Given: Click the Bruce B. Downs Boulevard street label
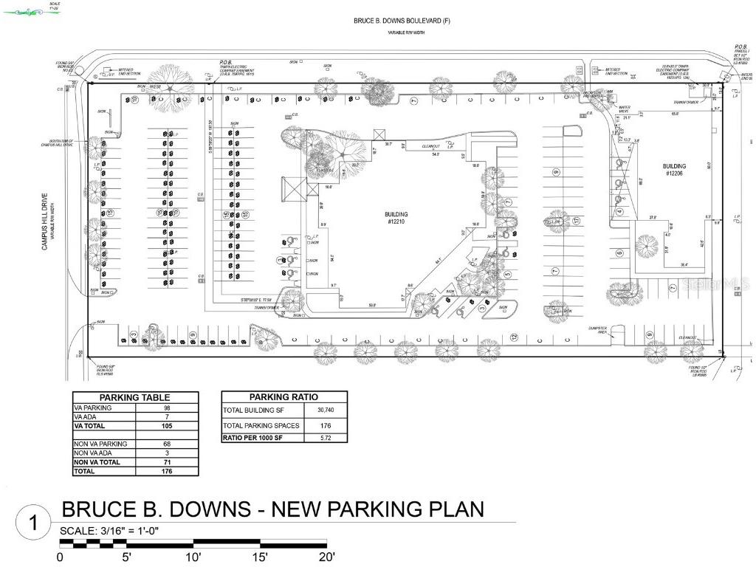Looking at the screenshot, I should [x=402, y=21].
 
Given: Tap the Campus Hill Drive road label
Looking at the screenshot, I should [x=44, y=221].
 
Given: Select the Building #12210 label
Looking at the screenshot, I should [x=397, y=219].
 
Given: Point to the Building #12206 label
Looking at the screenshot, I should [x=674, y=170].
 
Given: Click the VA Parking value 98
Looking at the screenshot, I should [x=168, y=408].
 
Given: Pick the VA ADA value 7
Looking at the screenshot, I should [x=168, y=417].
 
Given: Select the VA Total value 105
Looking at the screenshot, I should [x=168, y=426].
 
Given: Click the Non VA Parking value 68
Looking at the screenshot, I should [x=168, y=444].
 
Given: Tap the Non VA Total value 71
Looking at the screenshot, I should [x=168, y=462].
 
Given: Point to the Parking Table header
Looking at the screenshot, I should [x=135, y=397].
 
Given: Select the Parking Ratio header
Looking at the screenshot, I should [x=283, y=397].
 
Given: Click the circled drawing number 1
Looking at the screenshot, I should [x=33, y=523].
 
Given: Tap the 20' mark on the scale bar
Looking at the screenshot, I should [x=327, y=557].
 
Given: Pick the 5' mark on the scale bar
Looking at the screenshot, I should [x=127, y=557].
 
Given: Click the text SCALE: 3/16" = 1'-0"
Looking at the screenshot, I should [x=109, y=532].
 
